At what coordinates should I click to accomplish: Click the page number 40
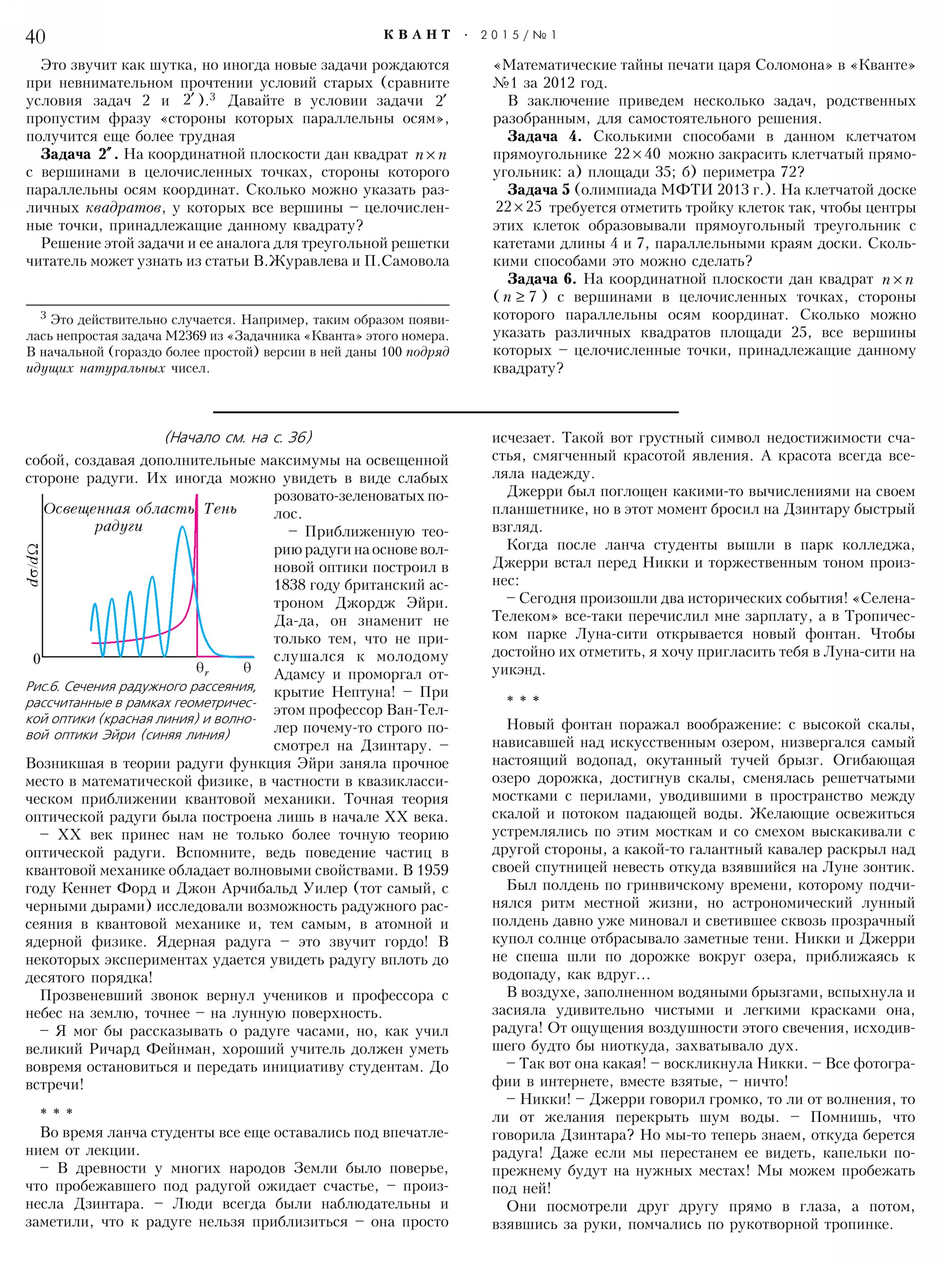(35, 36)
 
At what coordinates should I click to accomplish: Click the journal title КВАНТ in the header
(417, 35)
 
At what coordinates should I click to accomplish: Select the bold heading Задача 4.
(544, 137)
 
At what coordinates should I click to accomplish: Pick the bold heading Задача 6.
(542, 279)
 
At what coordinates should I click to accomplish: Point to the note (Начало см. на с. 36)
(238, 437)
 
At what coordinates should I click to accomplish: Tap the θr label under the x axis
(202, 668)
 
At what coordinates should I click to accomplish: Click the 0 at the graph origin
(36, 660)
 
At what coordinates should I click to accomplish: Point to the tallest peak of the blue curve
(182, 527)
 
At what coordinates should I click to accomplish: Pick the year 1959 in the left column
(433, 870)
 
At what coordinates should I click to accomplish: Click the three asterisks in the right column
(523, 699)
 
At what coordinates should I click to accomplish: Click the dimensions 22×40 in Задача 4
(638, 154)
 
